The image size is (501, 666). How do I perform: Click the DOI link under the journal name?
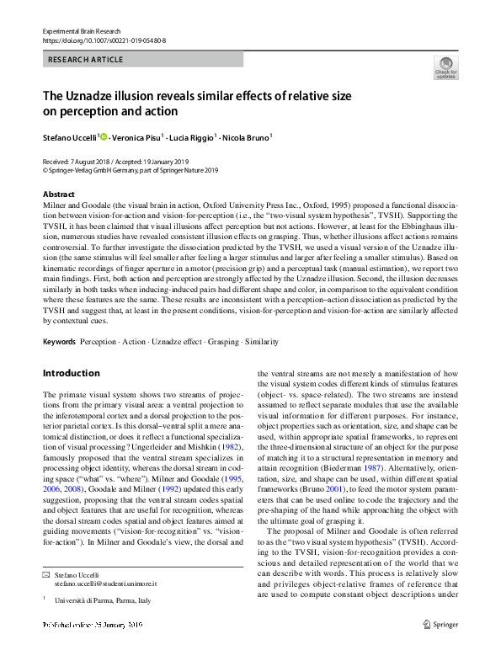(104, 40)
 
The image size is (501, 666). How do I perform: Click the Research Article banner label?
(86, 60)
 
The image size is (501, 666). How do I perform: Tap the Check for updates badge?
(445, 68)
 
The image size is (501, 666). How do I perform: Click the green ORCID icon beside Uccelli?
(104, 135)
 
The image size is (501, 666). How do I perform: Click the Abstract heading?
(58, 194)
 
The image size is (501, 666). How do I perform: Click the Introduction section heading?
(71, 372)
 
